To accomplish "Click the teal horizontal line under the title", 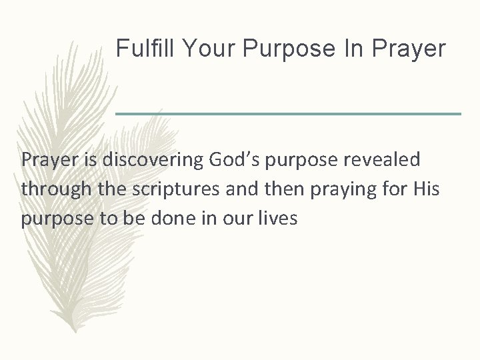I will click(x=288, y=114).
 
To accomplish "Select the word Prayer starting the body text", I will click(x=46, y=161).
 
